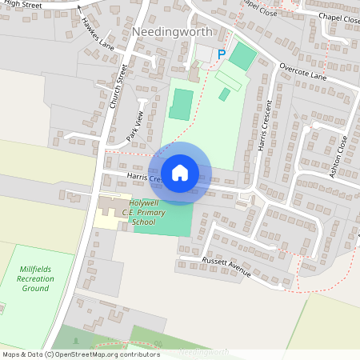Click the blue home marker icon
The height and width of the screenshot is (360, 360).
point(180,172)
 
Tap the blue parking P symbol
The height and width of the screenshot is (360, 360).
point(222,54)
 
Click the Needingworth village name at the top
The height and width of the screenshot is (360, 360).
point(172,32)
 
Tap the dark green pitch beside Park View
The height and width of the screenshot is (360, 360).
point(182,105)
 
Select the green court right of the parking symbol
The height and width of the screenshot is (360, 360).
point(243,55)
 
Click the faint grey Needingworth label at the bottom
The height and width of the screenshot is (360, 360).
point(203,352)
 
